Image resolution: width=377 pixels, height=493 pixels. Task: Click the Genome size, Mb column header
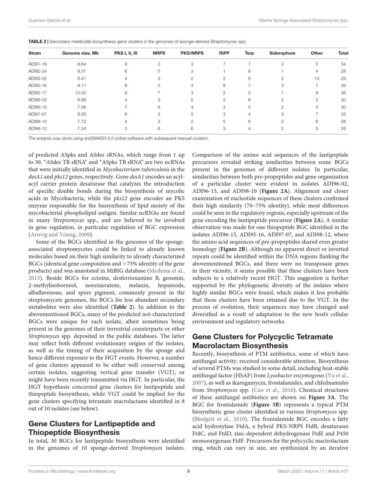pyautogui.click(x=80, y=53)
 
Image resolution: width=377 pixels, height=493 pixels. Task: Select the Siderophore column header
pyautogui.click(x=282, y=53)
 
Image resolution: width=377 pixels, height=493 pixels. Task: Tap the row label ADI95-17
pyautogui.click(x=37, y=93)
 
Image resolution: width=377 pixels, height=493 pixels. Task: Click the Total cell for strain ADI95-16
pyautogui.click(x=343, y=86)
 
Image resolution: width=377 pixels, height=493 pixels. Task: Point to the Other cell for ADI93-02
pyautogui.click(x=317, y=78)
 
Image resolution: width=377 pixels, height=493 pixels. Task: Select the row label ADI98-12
pyautogui.click(x=37, y=129)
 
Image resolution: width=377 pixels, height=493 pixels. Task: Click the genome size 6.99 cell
pyautogui.click(x=81, y=100)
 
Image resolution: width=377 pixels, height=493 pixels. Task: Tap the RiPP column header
pyautogui.click(x=224, y=53)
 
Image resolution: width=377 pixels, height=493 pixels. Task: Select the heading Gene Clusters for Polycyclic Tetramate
pyautogui.click(x=262, y=337)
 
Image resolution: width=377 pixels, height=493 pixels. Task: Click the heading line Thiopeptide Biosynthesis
pyautogui.click(x=74, y=432)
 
